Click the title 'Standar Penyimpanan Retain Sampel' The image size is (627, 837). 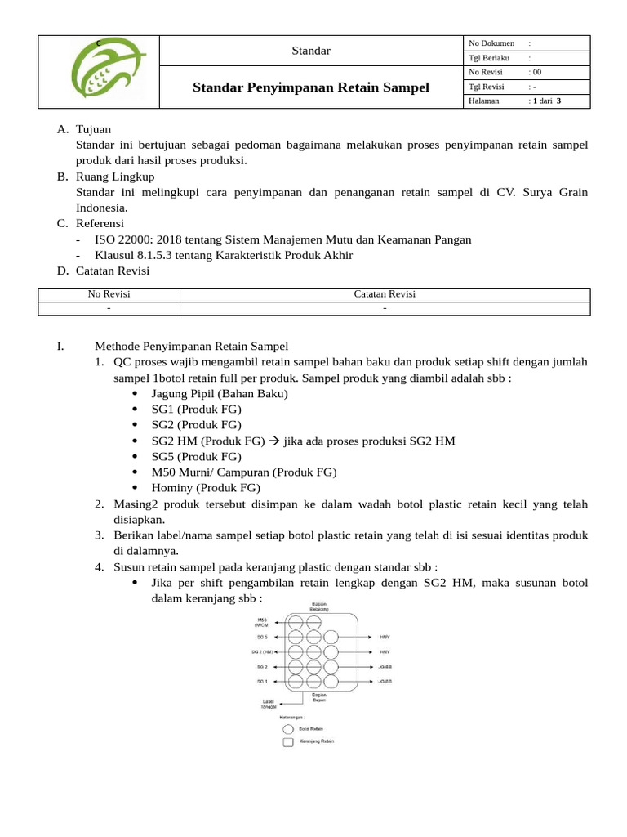[310, 87]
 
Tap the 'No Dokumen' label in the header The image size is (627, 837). [491, 43]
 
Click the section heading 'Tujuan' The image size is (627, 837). [93, 129]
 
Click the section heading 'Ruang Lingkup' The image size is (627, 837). [114, 177]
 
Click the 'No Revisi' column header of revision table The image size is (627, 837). [109, 294]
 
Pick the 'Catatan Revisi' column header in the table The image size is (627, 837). [385, 294]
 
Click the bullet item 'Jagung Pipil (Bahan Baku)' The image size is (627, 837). [220, 393]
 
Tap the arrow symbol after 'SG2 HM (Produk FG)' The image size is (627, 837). [274, 441]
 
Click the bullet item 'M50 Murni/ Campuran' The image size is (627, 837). [243, 472]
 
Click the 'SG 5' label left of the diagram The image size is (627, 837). [262, 636]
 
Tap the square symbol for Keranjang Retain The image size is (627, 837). [287, 742]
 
